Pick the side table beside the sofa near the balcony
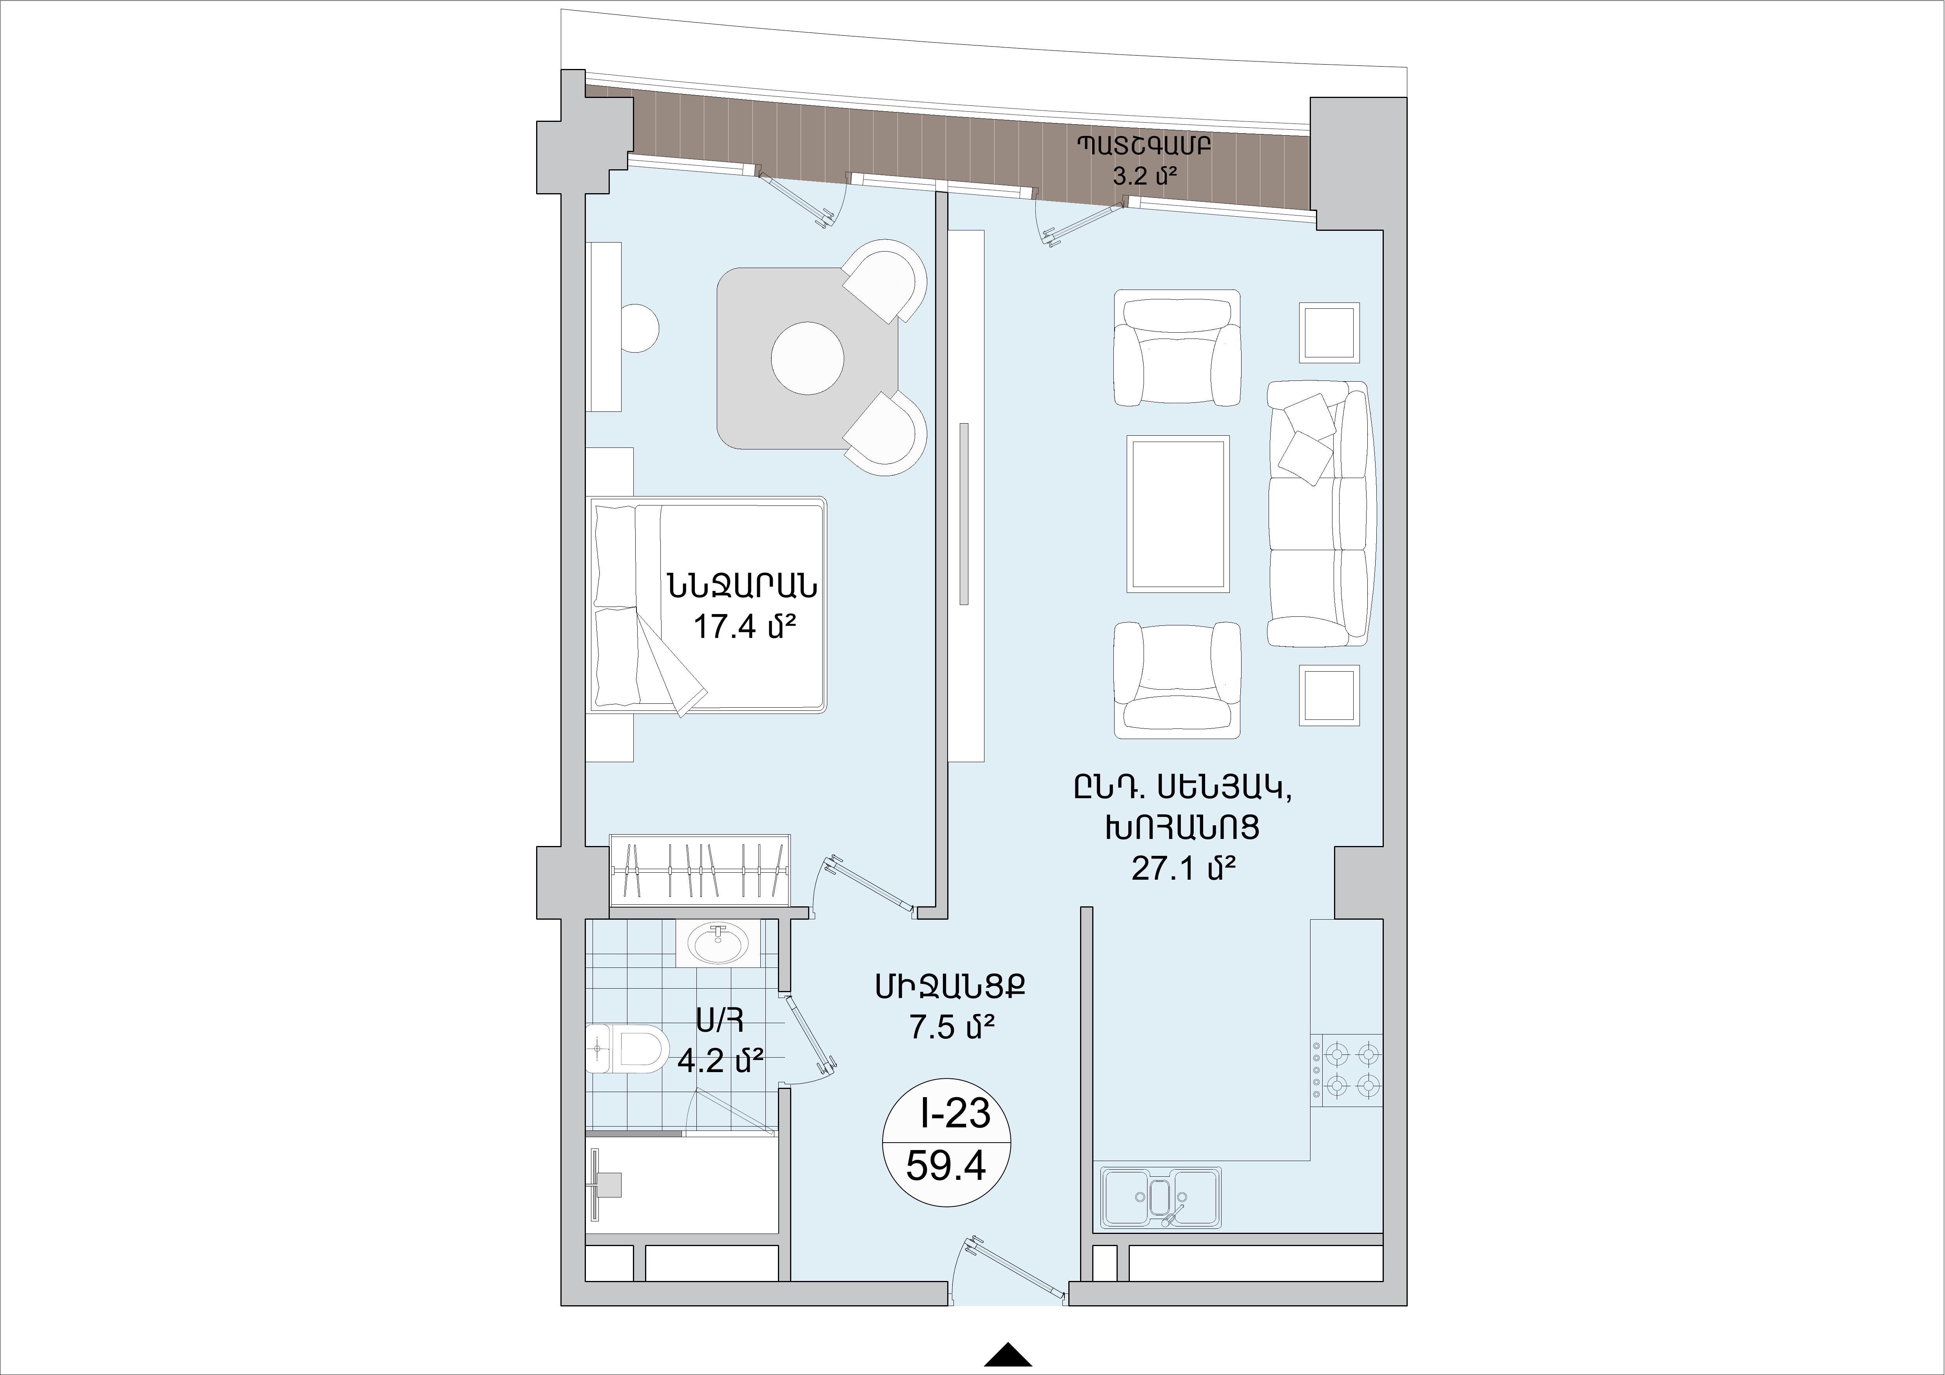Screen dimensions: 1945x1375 pos(1330,333)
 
